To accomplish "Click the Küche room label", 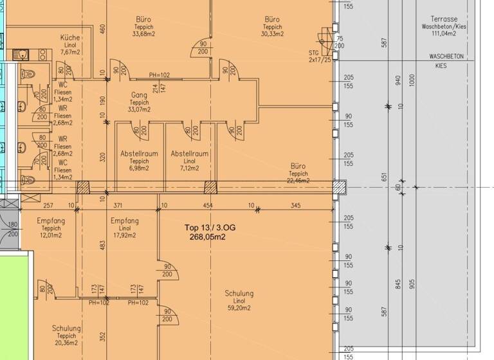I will (x=70, y=37).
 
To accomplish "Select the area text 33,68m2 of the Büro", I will (x=143, y=35).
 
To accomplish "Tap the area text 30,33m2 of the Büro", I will (x=272, y=35).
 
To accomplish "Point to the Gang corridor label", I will (x=139, y=94).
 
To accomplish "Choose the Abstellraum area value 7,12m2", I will (x=189, y=168).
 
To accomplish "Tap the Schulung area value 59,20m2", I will (x=239, y=309).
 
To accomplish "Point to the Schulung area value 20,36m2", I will (x=66, y=343).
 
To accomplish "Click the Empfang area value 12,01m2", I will (x=51, y=235).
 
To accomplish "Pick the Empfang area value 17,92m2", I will (x=124, y=235).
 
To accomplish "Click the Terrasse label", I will (x=444, y=19).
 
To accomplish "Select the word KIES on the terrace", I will (x=441, y=66).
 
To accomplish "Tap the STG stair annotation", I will (x=313, y=53).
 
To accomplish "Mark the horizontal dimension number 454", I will (x=207, y=205).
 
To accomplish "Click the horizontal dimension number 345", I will (x=295, y=205).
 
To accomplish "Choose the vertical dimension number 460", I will (x=102, y=29).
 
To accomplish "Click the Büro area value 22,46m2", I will (x=298, y=181).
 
